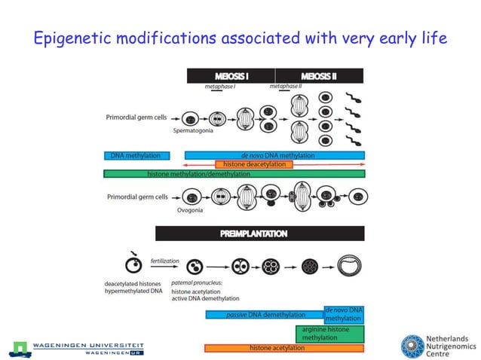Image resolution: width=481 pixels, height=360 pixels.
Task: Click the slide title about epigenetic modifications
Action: tap(240, 37)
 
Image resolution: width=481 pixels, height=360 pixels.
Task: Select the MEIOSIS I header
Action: tap(231, 76)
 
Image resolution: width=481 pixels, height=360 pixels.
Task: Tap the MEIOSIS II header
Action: tap(319, 76)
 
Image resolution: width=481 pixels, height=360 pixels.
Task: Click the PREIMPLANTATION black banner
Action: tap(259, 233)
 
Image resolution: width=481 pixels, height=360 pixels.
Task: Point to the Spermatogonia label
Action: tap(194, 130)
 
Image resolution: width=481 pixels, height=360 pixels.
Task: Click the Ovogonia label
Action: tap(190, 210)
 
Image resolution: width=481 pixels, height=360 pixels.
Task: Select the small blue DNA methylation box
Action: tap(136, 156)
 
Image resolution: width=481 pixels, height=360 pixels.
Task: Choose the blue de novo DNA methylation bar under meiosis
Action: tap(274, 155)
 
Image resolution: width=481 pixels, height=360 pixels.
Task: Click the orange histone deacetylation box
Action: tap(253, 164)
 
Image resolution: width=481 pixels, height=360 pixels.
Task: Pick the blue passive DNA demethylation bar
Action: tap(265, 315)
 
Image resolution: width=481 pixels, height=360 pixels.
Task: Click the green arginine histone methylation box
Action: tap(329, 334)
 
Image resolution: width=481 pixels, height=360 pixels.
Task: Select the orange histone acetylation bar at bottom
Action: tap(284, 348)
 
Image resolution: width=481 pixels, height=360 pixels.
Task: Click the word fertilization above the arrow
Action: tap(165, 261)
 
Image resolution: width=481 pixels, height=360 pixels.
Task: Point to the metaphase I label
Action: tap(219, 87)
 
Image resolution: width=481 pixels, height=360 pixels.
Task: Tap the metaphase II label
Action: tap(285, 87)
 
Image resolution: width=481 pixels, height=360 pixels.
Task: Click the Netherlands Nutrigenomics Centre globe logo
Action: tap(412, 346)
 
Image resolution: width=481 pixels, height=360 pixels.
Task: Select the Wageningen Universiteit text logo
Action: tap(78, 346)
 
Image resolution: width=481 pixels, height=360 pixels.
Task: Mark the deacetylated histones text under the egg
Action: tap(134, 284)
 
